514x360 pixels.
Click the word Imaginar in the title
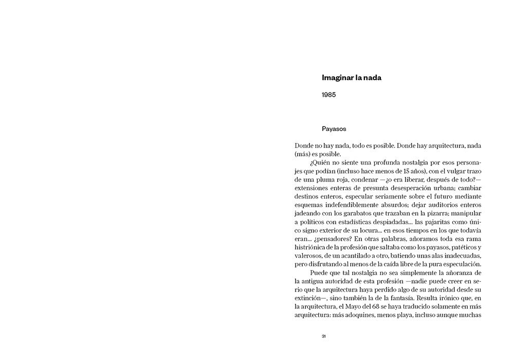[337, 78]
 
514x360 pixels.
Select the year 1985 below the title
[329, 95]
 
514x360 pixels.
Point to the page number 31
[324, 336]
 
